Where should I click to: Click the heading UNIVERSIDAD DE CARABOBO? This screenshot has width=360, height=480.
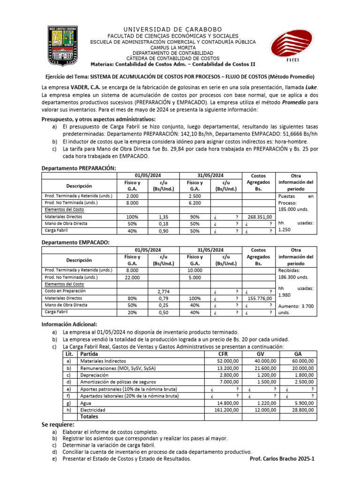point(172,29)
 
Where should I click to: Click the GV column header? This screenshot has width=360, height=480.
point(261,354)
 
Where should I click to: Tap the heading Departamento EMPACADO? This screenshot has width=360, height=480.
point(75,242)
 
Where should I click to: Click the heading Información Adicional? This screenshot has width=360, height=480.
point(69,323)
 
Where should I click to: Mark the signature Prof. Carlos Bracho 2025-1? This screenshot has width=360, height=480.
point(283,459)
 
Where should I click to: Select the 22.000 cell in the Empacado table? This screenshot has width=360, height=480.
point(132,277)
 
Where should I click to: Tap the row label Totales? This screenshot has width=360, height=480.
point(90,416)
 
